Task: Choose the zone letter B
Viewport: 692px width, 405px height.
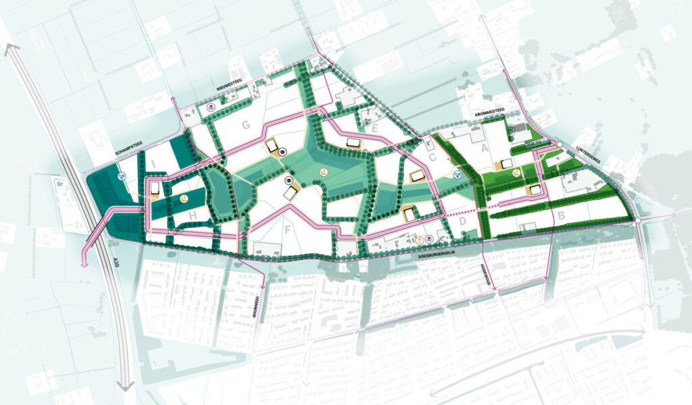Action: tap(560, 217)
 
